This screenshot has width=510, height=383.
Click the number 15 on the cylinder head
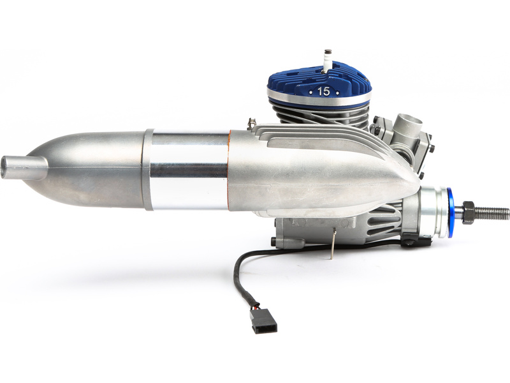tap(323, 91)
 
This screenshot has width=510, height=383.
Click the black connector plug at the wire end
tap(263, 321)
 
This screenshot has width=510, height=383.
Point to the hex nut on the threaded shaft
tap(469, 212)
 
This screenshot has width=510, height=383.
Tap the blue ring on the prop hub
tap(451, 212)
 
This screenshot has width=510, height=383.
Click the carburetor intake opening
tap(405, 121)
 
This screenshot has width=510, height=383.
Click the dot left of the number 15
tap(310, 92)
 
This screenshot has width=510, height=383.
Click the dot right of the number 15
tap(337, 92)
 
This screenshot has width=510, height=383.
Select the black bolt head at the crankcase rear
tap(273, 242)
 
